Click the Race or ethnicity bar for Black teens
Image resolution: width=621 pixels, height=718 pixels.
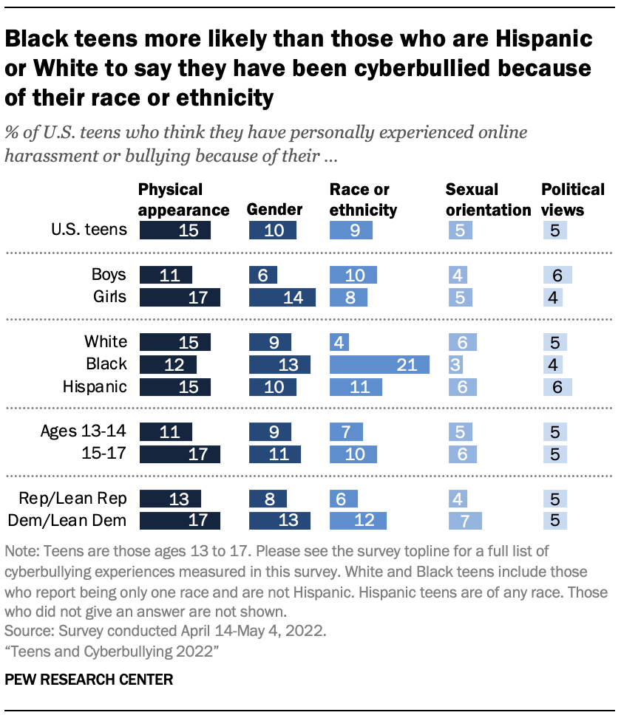(379, 364)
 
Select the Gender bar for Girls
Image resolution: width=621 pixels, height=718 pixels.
(282, 297)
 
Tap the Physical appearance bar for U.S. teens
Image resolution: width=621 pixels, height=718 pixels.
(174, 230)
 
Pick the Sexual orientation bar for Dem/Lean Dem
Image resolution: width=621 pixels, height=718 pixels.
(465, 521)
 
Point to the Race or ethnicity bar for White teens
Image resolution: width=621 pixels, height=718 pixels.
(339, 342)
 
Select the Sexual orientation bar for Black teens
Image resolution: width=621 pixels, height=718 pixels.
(454, 364)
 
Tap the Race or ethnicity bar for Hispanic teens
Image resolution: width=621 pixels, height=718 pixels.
(356, 386)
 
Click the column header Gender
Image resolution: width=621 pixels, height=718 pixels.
(274, 210)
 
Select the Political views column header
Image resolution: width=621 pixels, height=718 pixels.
(573, 199)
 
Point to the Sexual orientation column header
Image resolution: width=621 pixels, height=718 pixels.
(488, 199)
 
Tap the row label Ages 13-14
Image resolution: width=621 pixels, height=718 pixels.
(84, 431)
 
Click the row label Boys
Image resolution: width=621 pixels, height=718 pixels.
(109, 276)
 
